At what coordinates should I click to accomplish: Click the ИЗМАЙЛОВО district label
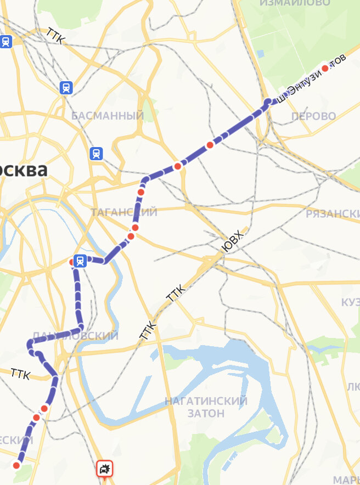295,3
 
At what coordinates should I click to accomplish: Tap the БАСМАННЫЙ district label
108,116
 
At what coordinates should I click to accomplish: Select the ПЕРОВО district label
313,116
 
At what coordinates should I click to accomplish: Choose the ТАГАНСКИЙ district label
124,212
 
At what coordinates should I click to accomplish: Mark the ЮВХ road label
233,242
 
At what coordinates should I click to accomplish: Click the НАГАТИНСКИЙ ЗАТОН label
206,407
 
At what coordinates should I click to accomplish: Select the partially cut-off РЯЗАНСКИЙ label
333,213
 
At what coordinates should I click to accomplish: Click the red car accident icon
104,469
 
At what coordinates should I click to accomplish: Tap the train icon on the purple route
80,261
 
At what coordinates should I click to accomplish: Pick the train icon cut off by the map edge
5,41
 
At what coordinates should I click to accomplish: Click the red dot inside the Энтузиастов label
325,69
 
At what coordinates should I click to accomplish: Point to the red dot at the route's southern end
16,465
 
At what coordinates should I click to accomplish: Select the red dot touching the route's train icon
72,262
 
